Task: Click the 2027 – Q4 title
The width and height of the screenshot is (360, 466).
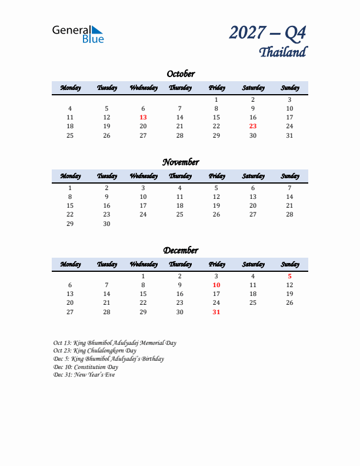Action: coord(268,33)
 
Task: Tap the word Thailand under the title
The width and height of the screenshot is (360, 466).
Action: coord(282,52)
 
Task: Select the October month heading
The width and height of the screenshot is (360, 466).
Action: coord(180,74)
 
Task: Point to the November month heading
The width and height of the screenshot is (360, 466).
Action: coord(180,162)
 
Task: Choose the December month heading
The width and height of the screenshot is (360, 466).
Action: coord(180,251)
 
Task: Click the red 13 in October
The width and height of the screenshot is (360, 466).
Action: coord(143,117)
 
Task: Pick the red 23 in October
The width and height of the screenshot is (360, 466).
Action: coord(253,126)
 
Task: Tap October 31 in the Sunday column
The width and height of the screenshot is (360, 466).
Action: coord(289,135)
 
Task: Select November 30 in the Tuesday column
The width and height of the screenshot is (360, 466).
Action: coord(106,224)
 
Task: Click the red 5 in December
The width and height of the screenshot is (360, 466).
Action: coord(289,276)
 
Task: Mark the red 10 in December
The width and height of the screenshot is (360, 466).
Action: coord(216,285)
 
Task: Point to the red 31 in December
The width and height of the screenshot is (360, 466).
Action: coord(216,312)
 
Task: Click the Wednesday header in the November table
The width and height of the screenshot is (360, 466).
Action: coord(143,176)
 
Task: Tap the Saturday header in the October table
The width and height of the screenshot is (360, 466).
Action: coord(253,88)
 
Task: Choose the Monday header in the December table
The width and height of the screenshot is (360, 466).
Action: coord(70,264)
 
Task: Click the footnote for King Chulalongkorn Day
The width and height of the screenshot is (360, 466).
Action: coord(95,351)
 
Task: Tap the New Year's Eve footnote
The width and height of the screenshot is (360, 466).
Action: coord(84,375)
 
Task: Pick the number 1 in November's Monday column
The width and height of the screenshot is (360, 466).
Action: coord(70,188)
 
